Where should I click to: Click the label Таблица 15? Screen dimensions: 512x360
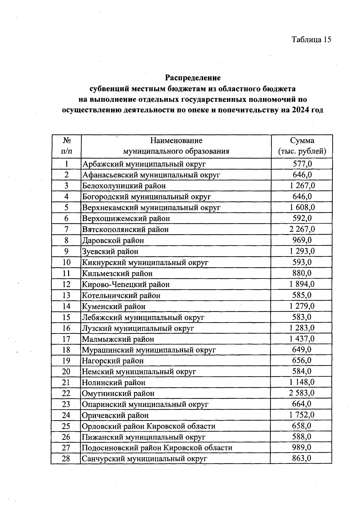(311, 40)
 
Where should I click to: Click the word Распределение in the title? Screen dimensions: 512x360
(193, 78)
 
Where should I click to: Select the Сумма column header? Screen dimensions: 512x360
(302, 146)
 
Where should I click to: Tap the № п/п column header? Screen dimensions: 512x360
(67, 146)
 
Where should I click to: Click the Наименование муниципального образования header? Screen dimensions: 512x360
(176, 146)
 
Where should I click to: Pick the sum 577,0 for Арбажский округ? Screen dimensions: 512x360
(302, 164)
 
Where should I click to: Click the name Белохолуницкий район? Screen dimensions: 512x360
(124, 186)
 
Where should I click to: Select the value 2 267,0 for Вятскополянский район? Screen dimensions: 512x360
(302, 229)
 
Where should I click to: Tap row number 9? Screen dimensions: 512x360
(66, 251)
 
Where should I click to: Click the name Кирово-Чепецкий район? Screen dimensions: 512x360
(126, 284)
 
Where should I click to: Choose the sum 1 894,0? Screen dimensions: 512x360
(302, 284)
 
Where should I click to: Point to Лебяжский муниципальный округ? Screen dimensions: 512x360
(143, 317)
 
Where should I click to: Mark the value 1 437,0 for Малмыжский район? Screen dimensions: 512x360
(302, 339)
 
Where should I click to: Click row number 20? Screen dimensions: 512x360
(66, 372)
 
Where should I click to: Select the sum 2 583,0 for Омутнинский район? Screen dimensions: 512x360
(302, 393)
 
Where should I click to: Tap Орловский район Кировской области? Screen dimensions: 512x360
(148, 426)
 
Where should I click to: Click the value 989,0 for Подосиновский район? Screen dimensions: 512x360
(302, 447)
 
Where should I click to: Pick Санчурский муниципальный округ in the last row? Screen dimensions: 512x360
(144, 459)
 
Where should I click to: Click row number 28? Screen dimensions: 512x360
(66, 459)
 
